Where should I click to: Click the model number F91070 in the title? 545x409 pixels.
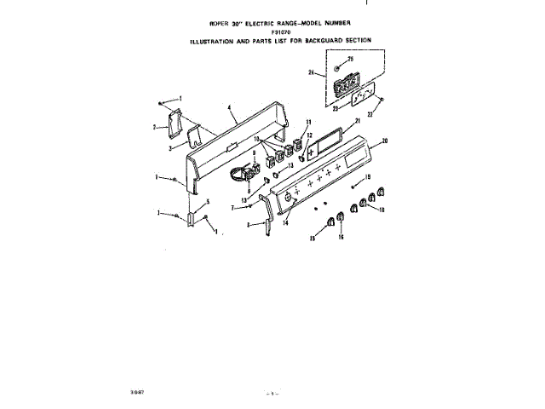(x=271, y=32)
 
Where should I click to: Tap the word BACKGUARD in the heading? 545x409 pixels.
(x=318, y=40)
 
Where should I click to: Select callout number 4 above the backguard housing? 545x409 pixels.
(x=231, y=108)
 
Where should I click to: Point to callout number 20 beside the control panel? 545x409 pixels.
(x=384, y=141)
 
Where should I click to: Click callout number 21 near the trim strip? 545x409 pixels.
(x=359, y=122)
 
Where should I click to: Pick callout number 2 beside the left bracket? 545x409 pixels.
(x=155, y=127)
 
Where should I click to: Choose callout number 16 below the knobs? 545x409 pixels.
(x=341, y=238)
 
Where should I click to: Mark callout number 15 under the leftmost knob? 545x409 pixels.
(x=312, y=240)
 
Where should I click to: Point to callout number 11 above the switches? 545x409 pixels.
(x=307, y=123)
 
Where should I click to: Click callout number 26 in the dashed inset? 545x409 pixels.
(x=311, y=73)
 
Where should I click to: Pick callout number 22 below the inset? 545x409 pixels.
(x=370, y=112)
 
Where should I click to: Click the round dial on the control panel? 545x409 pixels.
(x=287, y=198)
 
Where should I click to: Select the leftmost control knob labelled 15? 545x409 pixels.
(x=325, y=224)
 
